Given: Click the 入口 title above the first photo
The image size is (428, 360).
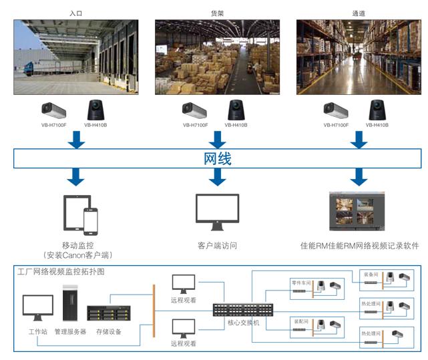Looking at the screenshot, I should [x=75, y=13].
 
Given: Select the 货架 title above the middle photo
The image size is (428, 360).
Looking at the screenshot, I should [x=217, y=13].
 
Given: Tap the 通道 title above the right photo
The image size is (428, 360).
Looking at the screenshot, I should [x=359, y=13].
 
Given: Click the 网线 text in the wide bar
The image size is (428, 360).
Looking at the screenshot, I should [x=218, y=160].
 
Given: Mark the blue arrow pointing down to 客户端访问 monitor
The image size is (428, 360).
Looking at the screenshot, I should [x=217, y=177].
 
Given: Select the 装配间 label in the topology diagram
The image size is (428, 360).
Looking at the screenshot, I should [x=301, y=321].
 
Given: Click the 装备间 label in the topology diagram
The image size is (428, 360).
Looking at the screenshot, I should [x=371, y=275].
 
